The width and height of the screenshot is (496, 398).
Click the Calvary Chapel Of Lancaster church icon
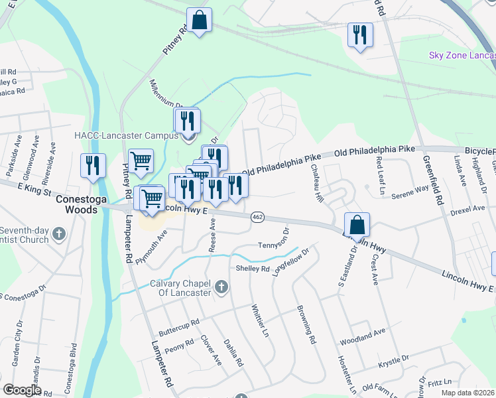point(221,288)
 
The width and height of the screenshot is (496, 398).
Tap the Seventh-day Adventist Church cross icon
point(59,233)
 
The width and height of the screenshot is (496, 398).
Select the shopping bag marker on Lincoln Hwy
point(357,226)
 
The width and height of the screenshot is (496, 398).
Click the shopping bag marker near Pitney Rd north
point(199,21)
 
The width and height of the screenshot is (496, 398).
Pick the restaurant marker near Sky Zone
point(360,35)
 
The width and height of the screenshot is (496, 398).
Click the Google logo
point(22,390)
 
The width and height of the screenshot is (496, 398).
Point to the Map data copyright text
point(467,393)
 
